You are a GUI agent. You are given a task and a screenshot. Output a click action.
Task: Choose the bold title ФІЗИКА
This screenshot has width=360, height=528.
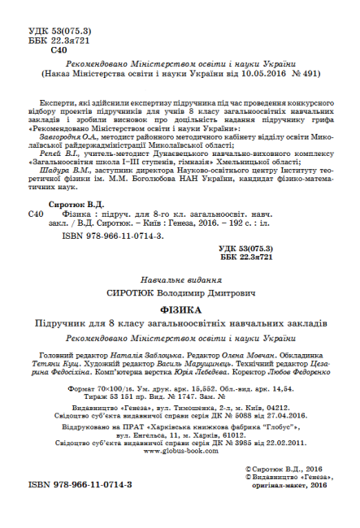pyautogui.click(x=180, y=309)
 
